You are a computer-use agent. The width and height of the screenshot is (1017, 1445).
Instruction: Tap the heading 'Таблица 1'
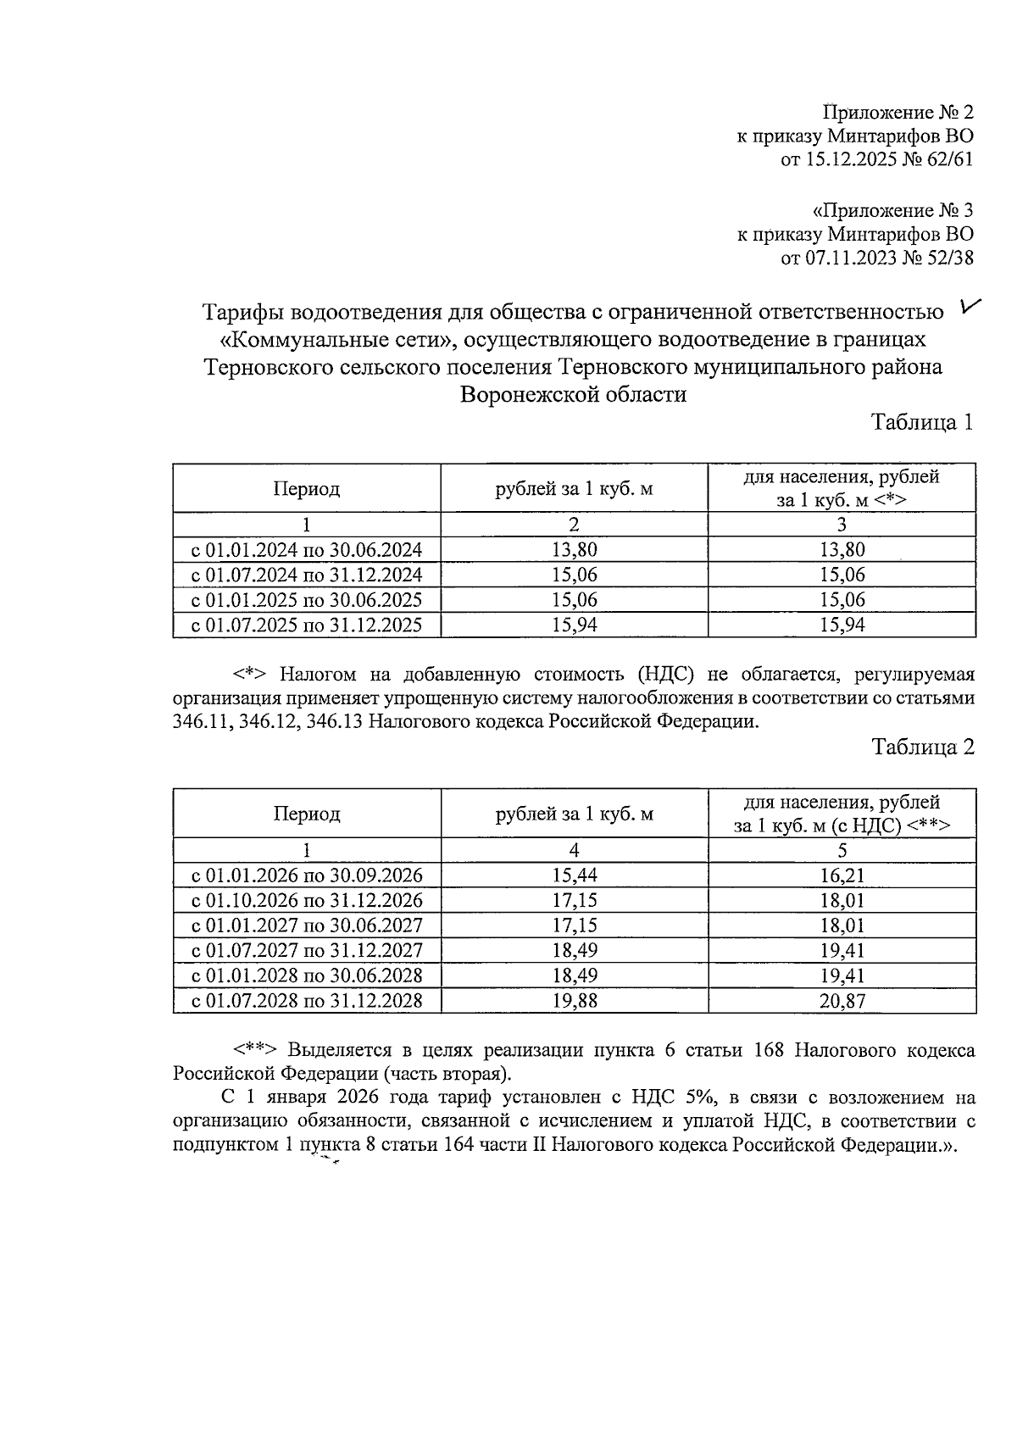point(923,421)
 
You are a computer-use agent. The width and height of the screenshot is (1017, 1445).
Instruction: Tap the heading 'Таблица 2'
point(923,747)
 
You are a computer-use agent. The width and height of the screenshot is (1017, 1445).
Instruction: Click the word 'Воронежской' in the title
point(515,394)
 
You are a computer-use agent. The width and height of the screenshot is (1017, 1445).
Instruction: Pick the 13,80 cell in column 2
point(574,550)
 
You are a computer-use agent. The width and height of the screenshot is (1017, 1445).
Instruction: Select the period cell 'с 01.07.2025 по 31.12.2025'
point(307,625)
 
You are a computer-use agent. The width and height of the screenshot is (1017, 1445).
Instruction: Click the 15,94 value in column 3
point(842,625)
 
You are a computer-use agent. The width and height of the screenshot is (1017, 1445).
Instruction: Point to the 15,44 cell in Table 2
point(574,875)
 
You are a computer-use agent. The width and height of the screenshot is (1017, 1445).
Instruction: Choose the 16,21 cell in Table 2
point(842,875)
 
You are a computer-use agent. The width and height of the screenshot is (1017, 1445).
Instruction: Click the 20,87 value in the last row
point(842,1001)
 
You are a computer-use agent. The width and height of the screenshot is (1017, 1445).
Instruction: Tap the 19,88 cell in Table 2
point(574,1001)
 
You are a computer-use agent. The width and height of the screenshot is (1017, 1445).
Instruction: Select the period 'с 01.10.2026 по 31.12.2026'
point(307,900)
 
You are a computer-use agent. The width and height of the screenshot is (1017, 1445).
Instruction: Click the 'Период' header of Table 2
point(307,814)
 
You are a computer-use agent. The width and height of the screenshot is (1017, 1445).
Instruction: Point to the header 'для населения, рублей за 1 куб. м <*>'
point(842,488)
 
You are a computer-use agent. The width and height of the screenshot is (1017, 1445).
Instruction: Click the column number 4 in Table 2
point(574,850)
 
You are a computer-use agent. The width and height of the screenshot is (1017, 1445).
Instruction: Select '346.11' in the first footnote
point(199,722)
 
